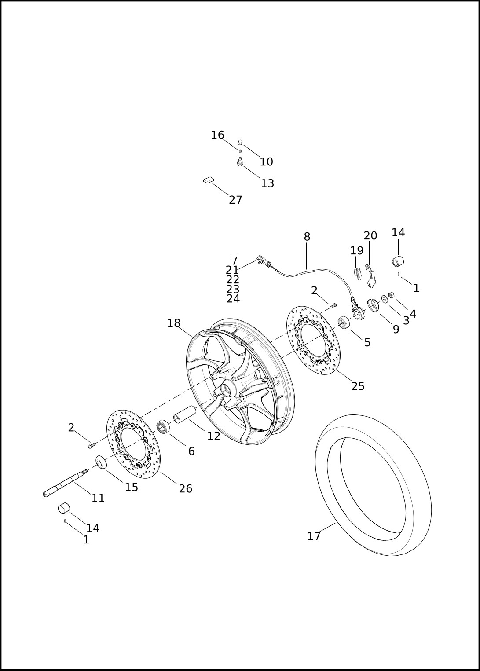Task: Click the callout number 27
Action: click(235, 200)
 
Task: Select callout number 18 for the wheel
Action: click(174, 323)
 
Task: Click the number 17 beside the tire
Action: click(314, 536)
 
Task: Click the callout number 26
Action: click(185, 488)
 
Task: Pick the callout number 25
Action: click(358, 386)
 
